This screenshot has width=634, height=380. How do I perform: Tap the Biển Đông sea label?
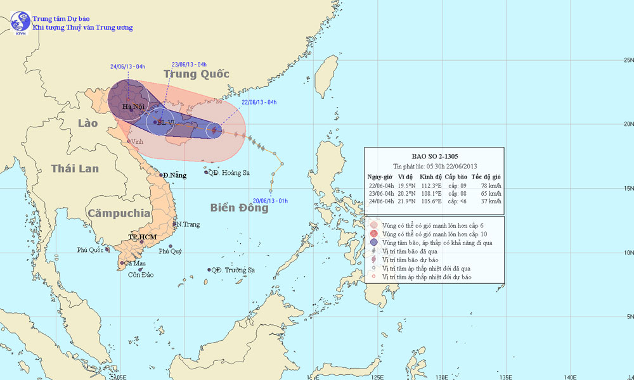239,208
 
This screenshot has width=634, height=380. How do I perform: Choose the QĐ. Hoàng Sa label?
230,172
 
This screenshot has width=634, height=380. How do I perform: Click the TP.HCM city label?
142,236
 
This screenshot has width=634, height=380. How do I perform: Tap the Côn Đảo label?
141,274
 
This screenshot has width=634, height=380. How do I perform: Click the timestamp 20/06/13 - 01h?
271,201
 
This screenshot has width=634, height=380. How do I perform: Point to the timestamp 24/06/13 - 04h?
127,66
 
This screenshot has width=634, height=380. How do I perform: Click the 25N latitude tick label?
626,61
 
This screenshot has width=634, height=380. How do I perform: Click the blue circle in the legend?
374,243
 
